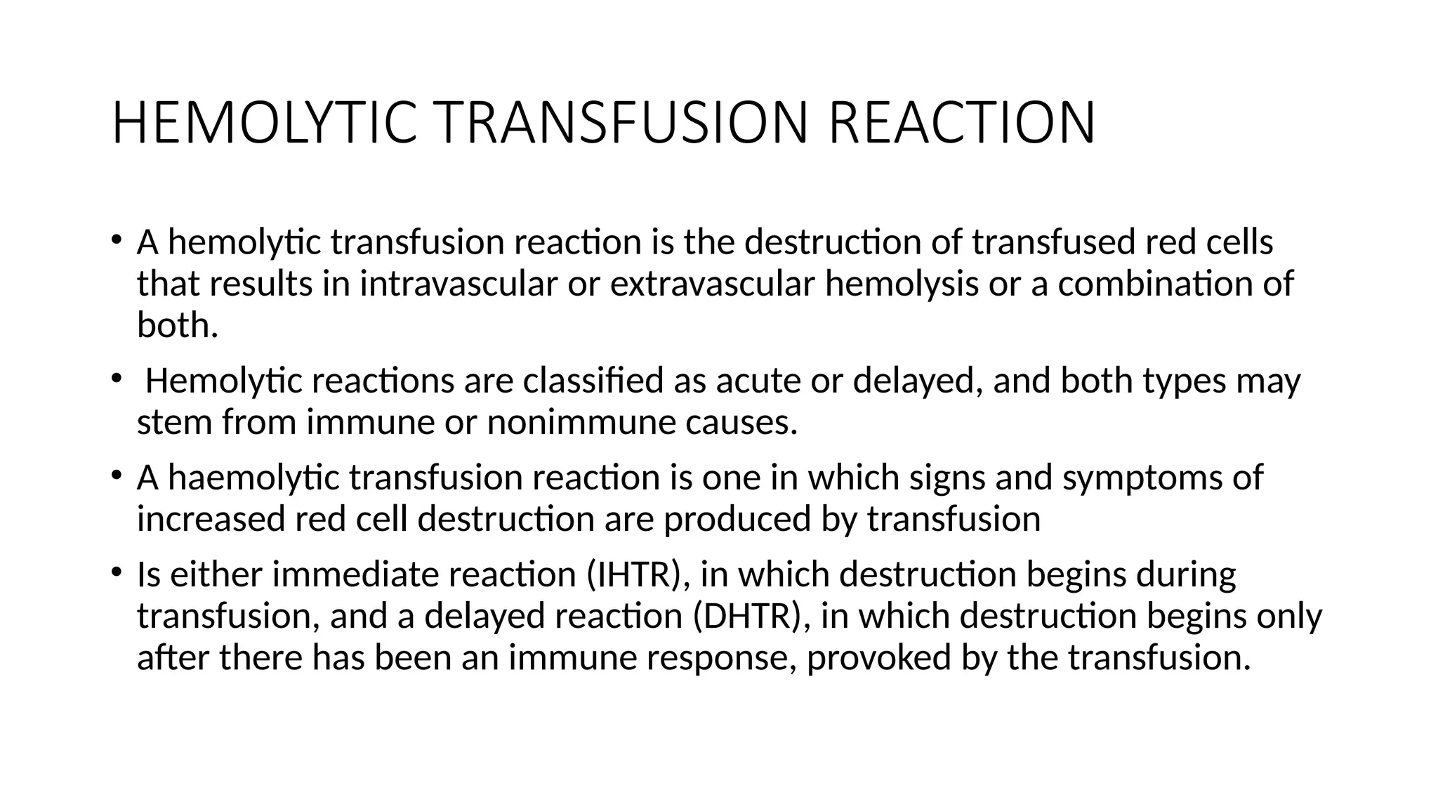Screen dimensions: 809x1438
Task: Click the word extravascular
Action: pos(713,284)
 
